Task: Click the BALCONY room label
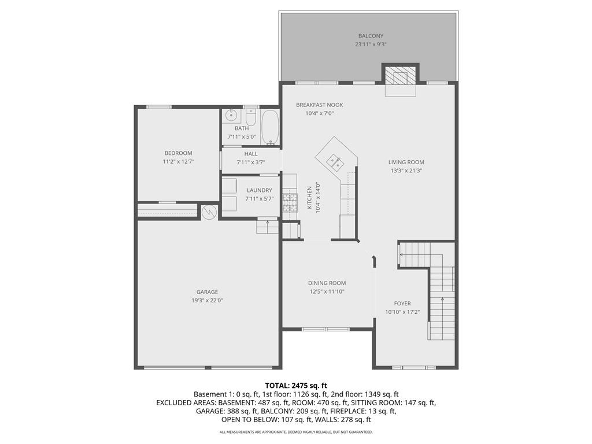pos(370,36)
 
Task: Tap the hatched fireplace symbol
pos(400,76)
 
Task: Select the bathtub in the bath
pos(270,127)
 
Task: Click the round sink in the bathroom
pos(230,114)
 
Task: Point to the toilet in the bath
pos(250,116)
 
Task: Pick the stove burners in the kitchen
pos(290,202)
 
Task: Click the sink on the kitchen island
pos(335,161)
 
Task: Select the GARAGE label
pos(207,292)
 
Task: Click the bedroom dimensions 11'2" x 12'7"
pos(179,162)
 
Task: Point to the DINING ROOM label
pos(327,283)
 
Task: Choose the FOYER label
pos(402,304)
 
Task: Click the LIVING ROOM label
pos(406,162)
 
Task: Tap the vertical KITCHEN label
pos(309,198)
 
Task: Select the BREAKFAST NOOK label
pos(319,105)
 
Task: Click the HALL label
pos(251,154)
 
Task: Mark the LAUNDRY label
pos(259,190)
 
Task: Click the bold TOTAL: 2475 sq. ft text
pos(296,385)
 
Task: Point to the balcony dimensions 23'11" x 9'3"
pos(370,45)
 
